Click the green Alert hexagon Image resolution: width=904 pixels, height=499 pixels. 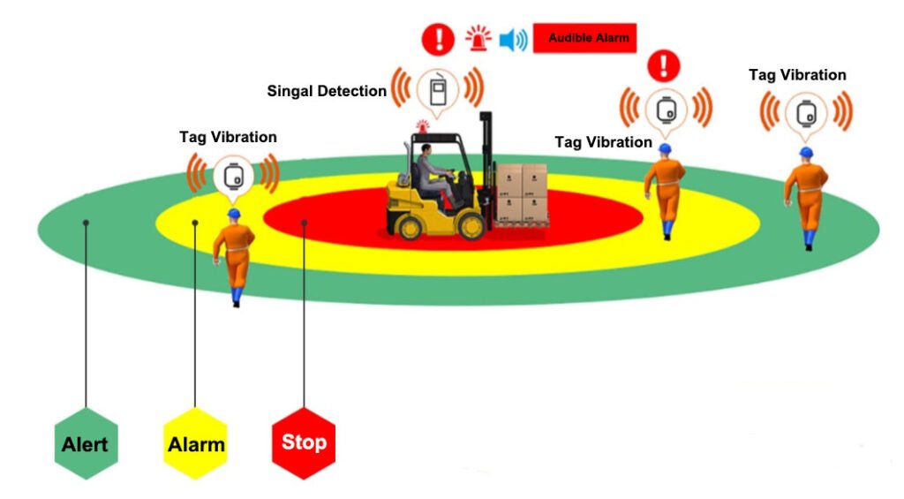(x=86, y=443)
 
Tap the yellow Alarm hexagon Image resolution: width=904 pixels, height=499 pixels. (x=195, y=443)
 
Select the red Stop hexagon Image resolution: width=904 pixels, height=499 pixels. (x=304, y=443)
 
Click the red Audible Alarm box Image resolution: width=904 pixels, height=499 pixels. (x=584, y=38)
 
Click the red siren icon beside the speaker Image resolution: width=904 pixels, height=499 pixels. (x=478, y=39)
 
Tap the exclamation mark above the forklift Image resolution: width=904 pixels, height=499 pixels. (x=438, y=39)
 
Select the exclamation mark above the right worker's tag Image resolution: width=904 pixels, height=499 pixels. (x=664, y=65)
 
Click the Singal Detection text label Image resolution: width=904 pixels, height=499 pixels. (x=327, y=91)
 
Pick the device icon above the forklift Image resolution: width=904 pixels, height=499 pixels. (x=438, y=89)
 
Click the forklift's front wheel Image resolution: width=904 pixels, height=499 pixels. (x=471, y=226)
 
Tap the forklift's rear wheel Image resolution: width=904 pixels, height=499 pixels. (x=410, y=227)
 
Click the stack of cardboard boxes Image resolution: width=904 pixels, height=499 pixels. (x=522, y=194)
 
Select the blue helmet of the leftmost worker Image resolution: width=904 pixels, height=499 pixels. (x=234, y=214)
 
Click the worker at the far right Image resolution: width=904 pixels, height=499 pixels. (x=806, y=199)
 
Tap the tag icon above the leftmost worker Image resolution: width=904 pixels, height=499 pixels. (x=233, y=178)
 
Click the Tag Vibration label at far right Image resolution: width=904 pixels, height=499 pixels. (x=797, y=75)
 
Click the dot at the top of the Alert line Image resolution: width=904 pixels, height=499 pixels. (x=86, y=223)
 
